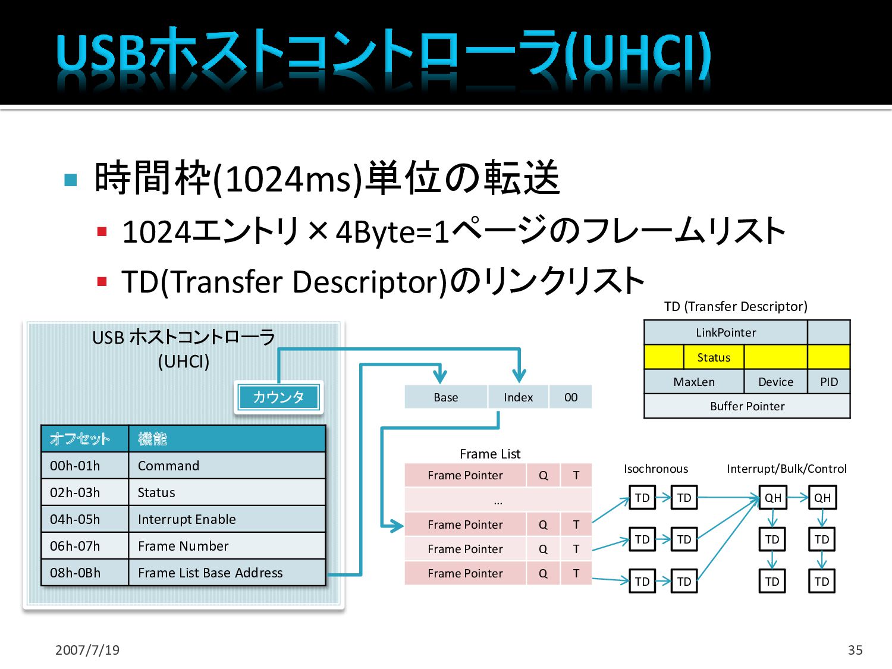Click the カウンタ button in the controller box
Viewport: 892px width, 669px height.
pyautogui.click(x=278, y=397)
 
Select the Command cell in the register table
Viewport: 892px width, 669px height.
pyautogui.click(x=227, y=466)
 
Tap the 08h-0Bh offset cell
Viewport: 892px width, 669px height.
pyautogui.click(x=84, y=573)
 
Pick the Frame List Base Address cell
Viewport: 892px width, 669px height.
pyautogui.click(x=227, y=573)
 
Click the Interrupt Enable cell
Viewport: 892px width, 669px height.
pyautogui.click(x=227, y=519)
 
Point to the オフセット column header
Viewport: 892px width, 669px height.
pyautogui.click(x=84, y=439)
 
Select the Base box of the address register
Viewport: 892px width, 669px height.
pyautogui.click(x=445, y=397)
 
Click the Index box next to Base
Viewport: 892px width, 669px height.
pyautogui.click(x=518, y=397)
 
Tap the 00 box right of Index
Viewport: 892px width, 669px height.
pyautogui.click(x=570, y=397)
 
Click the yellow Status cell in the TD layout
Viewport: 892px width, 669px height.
pyautogui.click(x=714, y=357)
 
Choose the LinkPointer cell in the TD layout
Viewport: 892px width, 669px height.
pyautogui.click(x=725, y=332)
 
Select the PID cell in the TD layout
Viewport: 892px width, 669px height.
pyautogui.click(x=828, y=382)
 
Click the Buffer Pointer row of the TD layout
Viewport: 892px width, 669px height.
pyautogui.click(x=747, y=406)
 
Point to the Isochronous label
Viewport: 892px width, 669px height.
pyautogui.click(x=656, y=469)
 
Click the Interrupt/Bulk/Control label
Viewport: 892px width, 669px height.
pyautogui.click(x=786, y=469)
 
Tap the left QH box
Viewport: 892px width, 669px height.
pyautogui.click(x=772, y=498)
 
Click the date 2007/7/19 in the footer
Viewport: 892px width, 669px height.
pyautogui.click(x=87, y=650)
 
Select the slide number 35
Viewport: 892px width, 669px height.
pyautogui.click(x=855, y=650)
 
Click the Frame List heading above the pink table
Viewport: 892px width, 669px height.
pyautogui.click(x=490, y=454)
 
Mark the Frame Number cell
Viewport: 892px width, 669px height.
pyautogui.click(x=227, y=546)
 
